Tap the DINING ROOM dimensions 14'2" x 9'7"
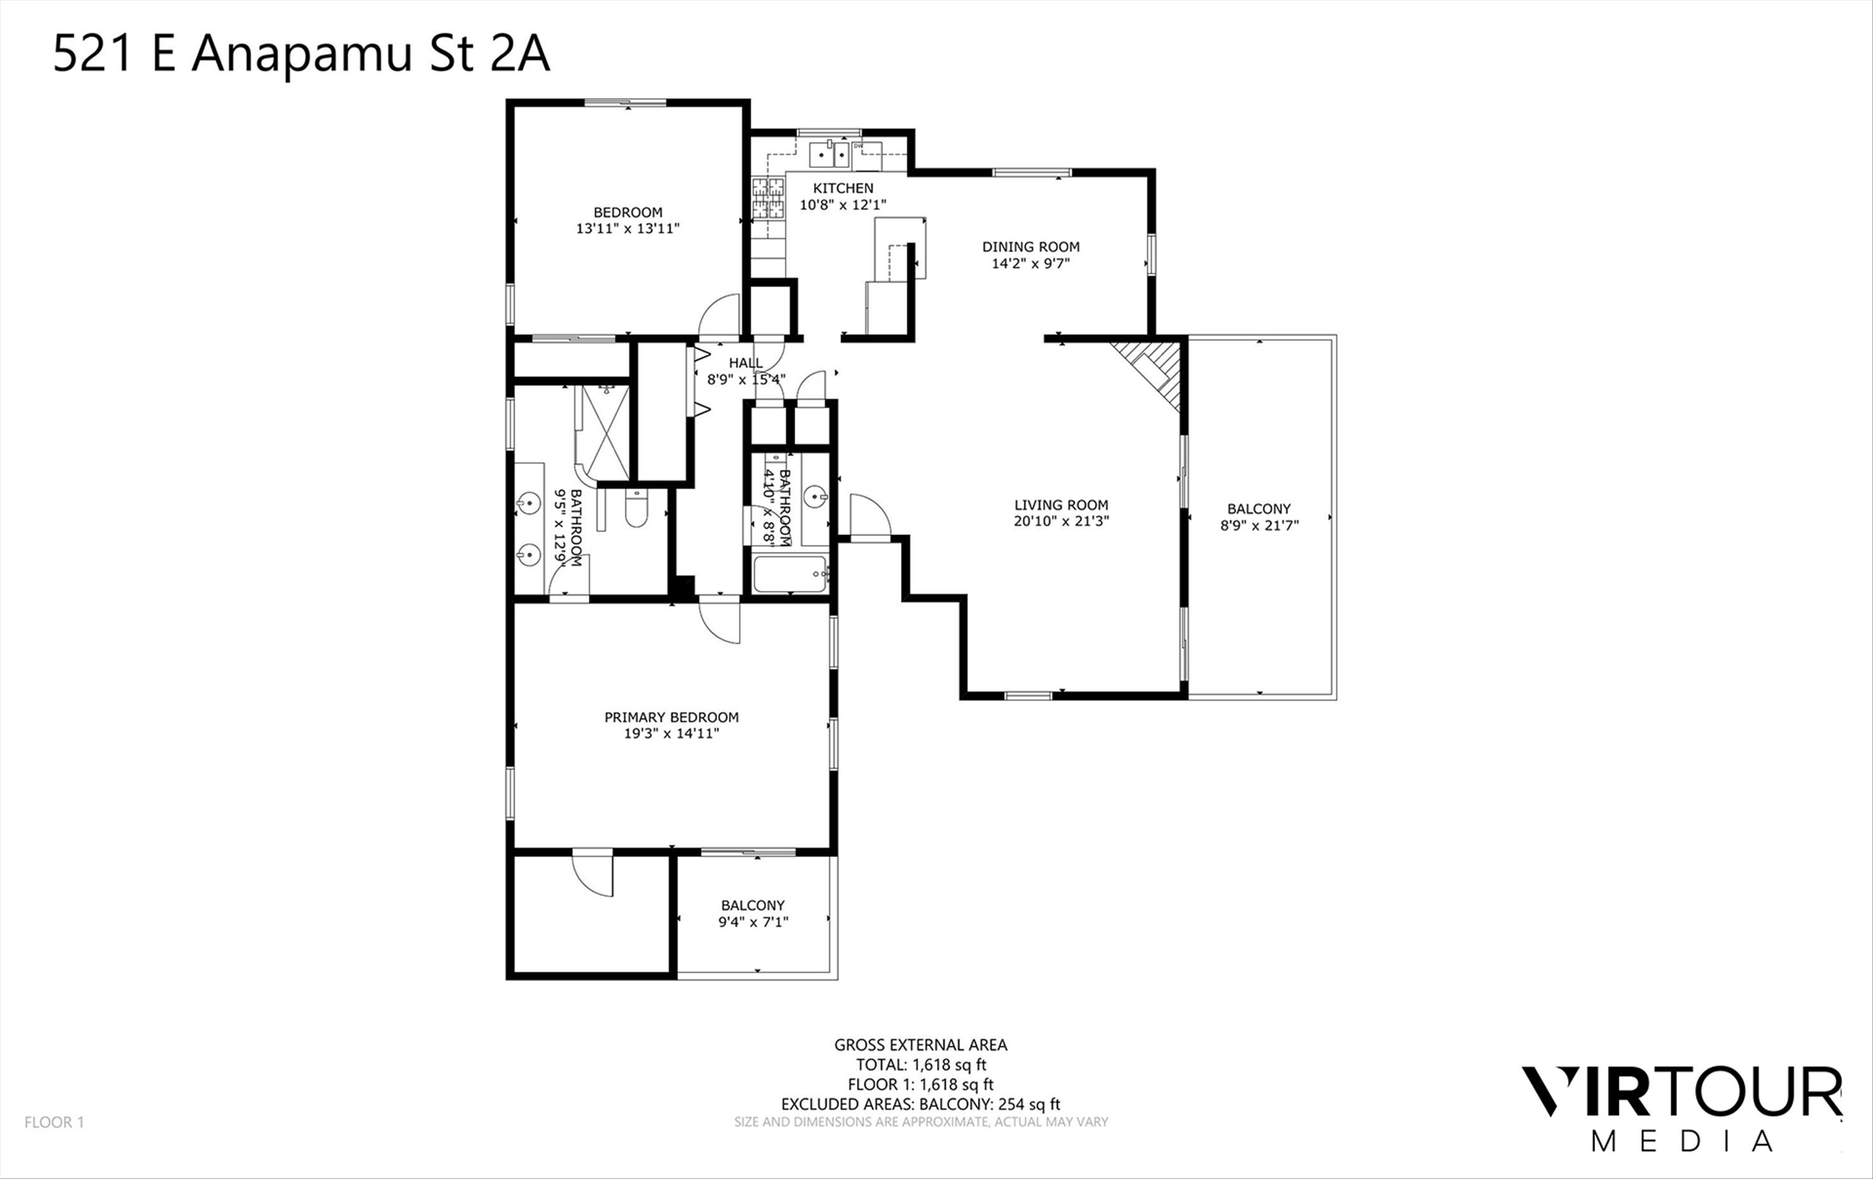pyautogui.click(x=1031, y=264)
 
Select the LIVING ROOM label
pyautogui.click(x=1061, y=505)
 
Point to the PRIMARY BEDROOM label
pyautogui.click(x=671, y=718)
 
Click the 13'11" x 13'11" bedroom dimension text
pyautogui.click(x=627, y=229)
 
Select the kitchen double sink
pyautogui.click(x=830, y=154)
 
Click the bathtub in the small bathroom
pyautogui.click(x=790, y=575)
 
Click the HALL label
pyautogui.click(x=745, y=363)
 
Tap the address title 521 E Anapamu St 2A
pyautogui.click(x=301, y=54)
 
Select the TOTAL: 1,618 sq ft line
pyautogui.click(x=921, y=1065)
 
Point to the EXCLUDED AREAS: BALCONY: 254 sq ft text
pyautogui.click(x=921, y=1103)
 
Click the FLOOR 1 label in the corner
pyautogui.click(x=54, y=1122)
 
